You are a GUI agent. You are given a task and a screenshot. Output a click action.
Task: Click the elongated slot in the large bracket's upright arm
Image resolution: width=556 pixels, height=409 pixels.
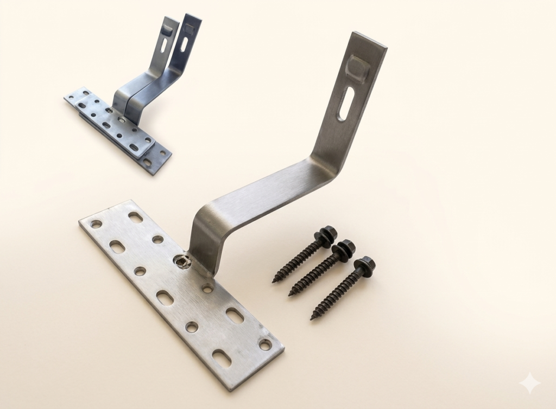click(x=346, y=104)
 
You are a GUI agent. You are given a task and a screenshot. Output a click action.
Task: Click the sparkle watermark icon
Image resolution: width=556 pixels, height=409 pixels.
click(x=529, y=384)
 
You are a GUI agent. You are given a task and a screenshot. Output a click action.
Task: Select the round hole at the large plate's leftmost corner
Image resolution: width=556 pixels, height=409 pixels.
click(x=96, y=223)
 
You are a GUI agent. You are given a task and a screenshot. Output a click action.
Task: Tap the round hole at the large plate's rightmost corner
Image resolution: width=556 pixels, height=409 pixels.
click(x=265, y=344)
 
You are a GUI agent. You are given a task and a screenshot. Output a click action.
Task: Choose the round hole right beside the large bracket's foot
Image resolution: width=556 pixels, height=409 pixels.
click(x=207, y=288)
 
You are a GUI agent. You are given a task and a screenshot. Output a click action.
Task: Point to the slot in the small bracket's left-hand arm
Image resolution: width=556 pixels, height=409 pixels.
click(x=165, y=44)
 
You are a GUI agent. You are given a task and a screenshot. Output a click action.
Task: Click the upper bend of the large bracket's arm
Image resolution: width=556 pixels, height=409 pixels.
click(x=326, y=163)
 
